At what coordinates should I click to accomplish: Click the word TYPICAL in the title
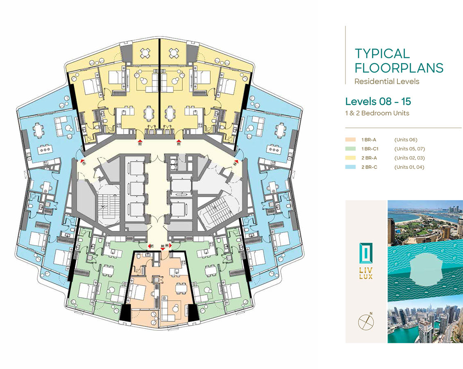[382, 53]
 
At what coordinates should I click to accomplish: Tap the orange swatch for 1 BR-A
[351, 140]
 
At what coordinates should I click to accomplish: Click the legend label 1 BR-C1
[370, 149]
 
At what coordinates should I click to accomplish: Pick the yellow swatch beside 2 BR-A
[351, 158]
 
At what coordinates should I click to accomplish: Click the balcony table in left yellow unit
[146, 52]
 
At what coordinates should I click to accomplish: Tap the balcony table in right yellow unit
[173, 52]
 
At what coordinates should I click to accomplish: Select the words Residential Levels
[387, 81]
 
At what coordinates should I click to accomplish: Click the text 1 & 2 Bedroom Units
[377, 113]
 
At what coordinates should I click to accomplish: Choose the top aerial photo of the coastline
[425, 223]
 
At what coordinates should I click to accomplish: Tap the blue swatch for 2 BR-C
[351, 167]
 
